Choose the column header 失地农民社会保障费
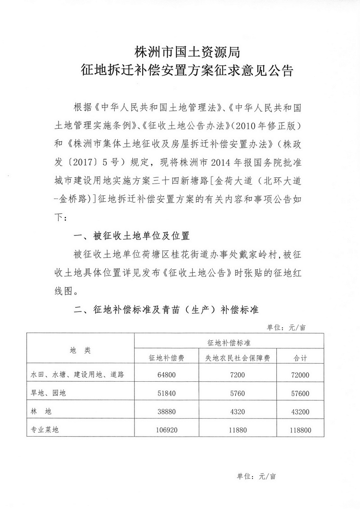pos(237,358)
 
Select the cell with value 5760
pos(237,393)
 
